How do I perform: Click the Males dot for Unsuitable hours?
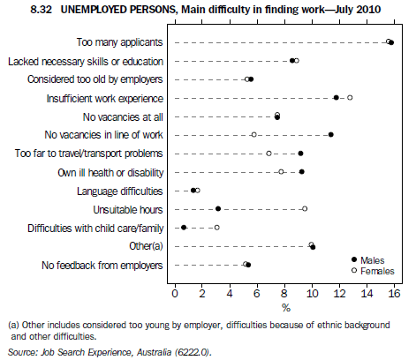(218, 209)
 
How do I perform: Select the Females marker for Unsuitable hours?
(305, 209)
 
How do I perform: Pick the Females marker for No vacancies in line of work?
(254, 135)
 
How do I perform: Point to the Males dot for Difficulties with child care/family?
(184, 228)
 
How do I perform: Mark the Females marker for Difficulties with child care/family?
(216, 228)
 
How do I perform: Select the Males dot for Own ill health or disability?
(301, 172)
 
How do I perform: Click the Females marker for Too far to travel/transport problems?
(269, 154)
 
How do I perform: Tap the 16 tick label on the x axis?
(394, 292)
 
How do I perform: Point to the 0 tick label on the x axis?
(175, 292)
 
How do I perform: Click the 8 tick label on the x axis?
(284, 292)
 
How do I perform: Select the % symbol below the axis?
(285, 307)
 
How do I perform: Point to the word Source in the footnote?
(20, 352)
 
